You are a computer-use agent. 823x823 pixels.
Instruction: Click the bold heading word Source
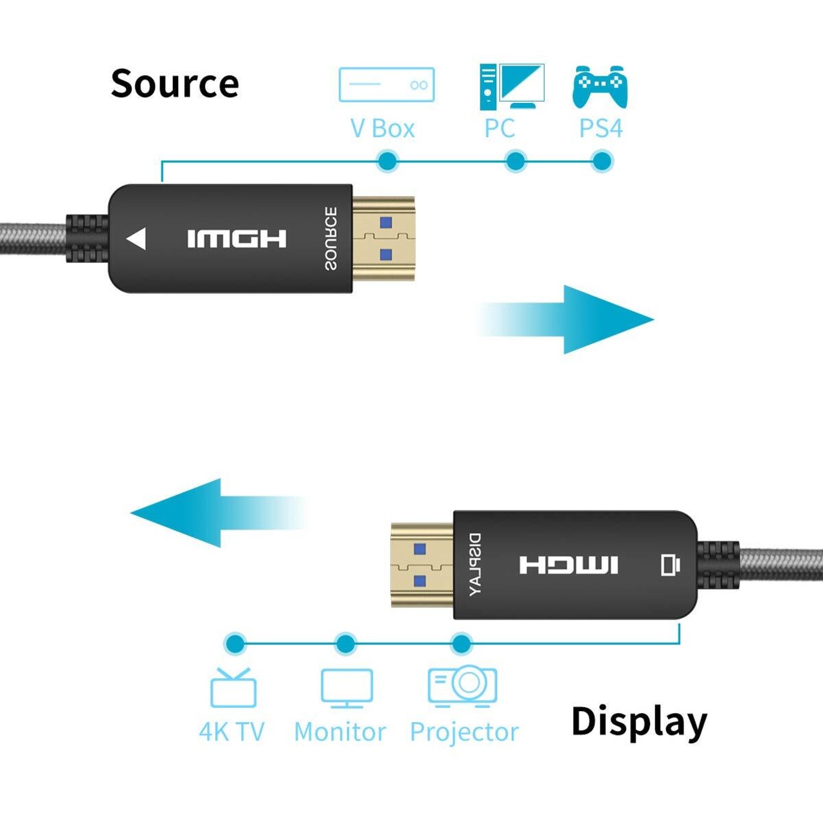(175, 84)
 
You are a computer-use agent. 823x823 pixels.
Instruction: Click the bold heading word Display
(638, 722)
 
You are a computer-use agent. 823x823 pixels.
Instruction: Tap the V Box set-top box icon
(386, 84)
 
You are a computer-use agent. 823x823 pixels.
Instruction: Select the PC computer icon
(512, 86)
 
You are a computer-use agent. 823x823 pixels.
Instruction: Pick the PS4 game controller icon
(600, 86)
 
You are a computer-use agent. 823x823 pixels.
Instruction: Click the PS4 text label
(601, 128)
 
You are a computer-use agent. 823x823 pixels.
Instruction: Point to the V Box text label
(383, 129)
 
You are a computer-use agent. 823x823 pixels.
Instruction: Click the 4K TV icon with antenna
(233, 687)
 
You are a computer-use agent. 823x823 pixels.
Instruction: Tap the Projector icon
(462, 685)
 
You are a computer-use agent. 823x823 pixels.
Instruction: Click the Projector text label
(464, 732)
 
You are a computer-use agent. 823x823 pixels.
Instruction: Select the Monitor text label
(339, 732)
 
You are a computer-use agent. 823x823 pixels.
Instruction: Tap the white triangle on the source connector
(137, 239)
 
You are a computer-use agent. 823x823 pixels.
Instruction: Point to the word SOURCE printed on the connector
(330, 238)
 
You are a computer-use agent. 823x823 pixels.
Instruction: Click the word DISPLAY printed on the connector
(475, 565)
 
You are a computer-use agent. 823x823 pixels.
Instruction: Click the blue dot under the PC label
(515, 161)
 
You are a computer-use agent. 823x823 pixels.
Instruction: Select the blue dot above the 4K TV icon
(235, 643)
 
